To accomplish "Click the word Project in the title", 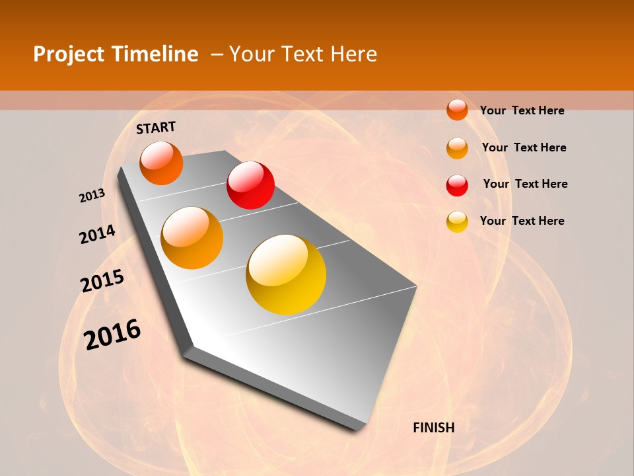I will [69, 54].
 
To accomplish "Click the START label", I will [156, 128].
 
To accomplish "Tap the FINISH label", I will [433, 428].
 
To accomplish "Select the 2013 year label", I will [92, 196].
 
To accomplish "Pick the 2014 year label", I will [97, 234].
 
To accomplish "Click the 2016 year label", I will [112, 335].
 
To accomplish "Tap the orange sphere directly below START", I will [161, 163].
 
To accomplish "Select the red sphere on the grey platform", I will [250, 185].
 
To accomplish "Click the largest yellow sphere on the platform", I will [286, 274].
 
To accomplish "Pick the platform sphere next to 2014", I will [192, 238].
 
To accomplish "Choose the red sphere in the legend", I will [457, 185].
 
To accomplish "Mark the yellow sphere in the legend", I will [457, 221].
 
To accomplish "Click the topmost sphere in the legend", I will [457, 110].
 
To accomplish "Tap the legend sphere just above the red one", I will [457, 148].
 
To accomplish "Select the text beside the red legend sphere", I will [525, 184].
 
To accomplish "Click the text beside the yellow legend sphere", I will [522, 221].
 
